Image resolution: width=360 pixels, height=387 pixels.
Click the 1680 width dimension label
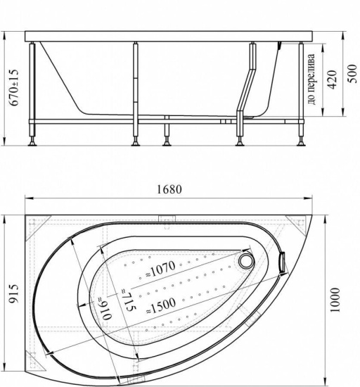pos(169,189)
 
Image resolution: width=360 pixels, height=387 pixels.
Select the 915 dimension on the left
pos(13,293)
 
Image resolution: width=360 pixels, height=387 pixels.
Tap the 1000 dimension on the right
pos(335,300)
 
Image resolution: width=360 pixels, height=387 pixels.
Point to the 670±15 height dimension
pos(13,87)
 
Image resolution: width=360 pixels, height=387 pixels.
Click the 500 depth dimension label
pos(352,74)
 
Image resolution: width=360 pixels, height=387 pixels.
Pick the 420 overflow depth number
pos(333,80)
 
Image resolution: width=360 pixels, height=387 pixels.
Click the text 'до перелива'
pos(311,79)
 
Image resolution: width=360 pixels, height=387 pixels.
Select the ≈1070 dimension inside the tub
pos(160,269)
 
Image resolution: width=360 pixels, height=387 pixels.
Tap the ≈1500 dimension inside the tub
pos(161,305)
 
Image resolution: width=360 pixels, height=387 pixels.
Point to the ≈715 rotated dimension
pos(128,300)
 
